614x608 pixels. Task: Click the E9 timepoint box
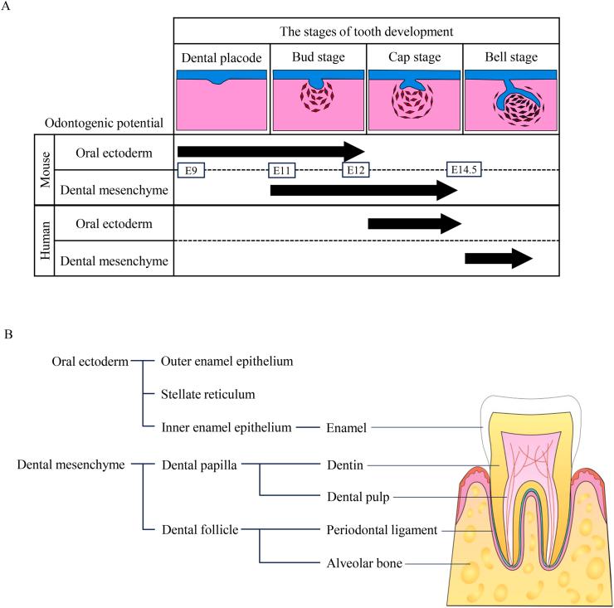(190, 170)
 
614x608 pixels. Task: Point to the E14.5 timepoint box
(465, 170)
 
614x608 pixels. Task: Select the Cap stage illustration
(413, 100)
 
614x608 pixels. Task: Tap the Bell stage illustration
(510, 100)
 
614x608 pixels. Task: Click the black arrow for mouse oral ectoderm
(270, 150)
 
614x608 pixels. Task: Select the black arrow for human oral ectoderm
(413, 223)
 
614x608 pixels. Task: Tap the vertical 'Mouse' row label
(42, 169)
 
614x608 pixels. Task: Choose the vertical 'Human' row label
(42, 241)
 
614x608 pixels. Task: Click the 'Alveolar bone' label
(363, 562)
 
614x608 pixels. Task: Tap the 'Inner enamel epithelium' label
(227, 428)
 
